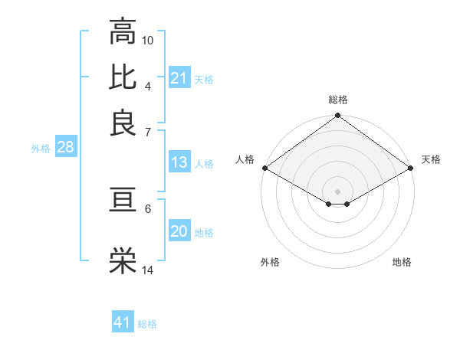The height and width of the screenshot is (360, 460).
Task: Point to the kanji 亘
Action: click(x=123, y=201)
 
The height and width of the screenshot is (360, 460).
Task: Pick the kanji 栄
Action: click(x=123, y=261)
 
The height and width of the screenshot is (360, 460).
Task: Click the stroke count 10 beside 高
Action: click(x=148, y=40)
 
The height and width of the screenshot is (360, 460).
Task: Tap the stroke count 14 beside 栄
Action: click(x=148, y=270)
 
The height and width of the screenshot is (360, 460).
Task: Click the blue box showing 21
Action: click(x=179, y=78)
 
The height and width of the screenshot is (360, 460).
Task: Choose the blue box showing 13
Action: click(x=179, y=162)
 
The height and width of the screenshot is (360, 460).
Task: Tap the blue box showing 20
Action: click(x=179, y=231)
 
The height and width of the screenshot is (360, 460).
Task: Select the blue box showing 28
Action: click(x=65, y=147)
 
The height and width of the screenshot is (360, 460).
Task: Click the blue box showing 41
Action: click(x=123, y=322)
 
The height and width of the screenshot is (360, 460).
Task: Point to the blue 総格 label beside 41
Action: click(x=147, y=324)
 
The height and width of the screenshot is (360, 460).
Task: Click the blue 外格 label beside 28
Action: click(x=41, y=149)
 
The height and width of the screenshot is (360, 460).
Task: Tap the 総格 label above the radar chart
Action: click(x=337, y=100)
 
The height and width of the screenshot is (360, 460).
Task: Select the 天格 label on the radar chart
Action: click(x=431, y=159)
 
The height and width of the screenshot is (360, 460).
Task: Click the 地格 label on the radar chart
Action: click(x=402, y=262)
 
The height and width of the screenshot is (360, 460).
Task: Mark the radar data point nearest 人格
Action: click(x=264, y=168)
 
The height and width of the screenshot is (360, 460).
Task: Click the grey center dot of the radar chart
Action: click(x=337, y=190)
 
